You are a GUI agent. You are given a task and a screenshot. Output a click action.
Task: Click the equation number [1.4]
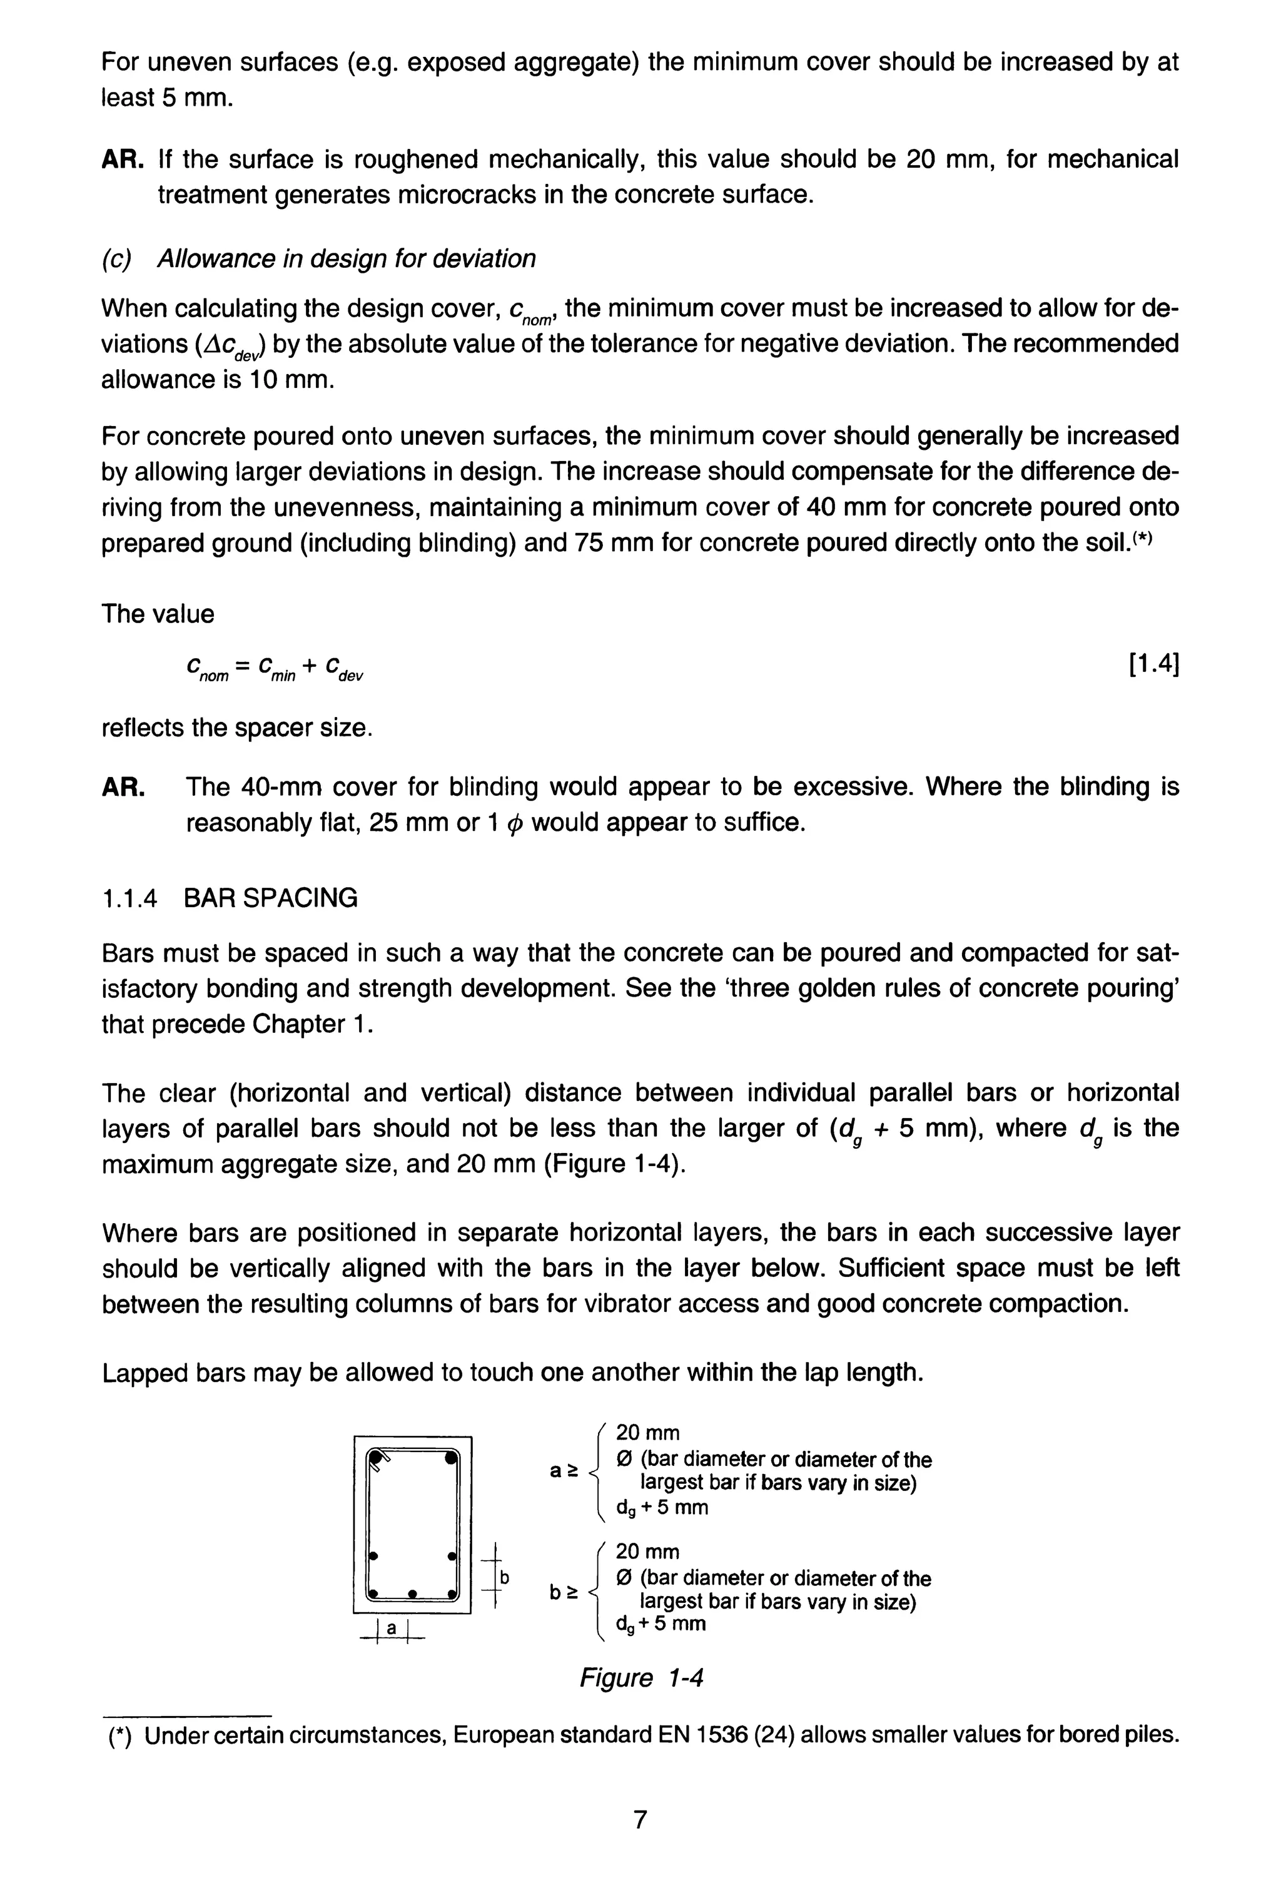pyautogui.click(x=1152, y=665)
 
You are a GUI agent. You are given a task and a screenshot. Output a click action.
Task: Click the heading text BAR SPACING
pyautogui.click(x=270, y=898)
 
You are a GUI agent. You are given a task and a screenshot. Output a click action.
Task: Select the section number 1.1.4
pyautogui.click(x=129, y=898)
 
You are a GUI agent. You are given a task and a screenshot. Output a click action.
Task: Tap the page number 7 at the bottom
pyautogui.click(x=640, y=1819)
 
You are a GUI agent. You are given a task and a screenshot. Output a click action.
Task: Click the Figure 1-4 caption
pyautogui.click(x=640, y=1678)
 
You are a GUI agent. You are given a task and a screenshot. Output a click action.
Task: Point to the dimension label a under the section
pyautogui.click(x=392, y=1628)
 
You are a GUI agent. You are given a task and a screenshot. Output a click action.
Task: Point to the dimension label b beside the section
pyautogui.click(x=504, y=1577)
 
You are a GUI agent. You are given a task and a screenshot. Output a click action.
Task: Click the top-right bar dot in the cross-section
pyautogui.click(x=450, y=1460)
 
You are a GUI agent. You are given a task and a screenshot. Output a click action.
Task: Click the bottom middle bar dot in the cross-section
pyautogui.click(x=412, y=1593)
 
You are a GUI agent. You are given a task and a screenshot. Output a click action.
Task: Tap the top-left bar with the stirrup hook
pyautogui.click(x=375, y=1460)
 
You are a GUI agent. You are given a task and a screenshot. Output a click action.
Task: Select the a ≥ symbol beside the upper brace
pyautogui.click(x=564, y=1471)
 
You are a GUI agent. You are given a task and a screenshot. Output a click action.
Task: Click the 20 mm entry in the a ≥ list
pyautogui.click(x=647, y=1433)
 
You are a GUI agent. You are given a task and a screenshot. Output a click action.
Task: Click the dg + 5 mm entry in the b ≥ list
pyautogui.click(x=661, y=1623)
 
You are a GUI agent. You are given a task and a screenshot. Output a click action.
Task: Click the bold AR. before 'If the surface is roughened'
pyautogui.click(x=122, y=160)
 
